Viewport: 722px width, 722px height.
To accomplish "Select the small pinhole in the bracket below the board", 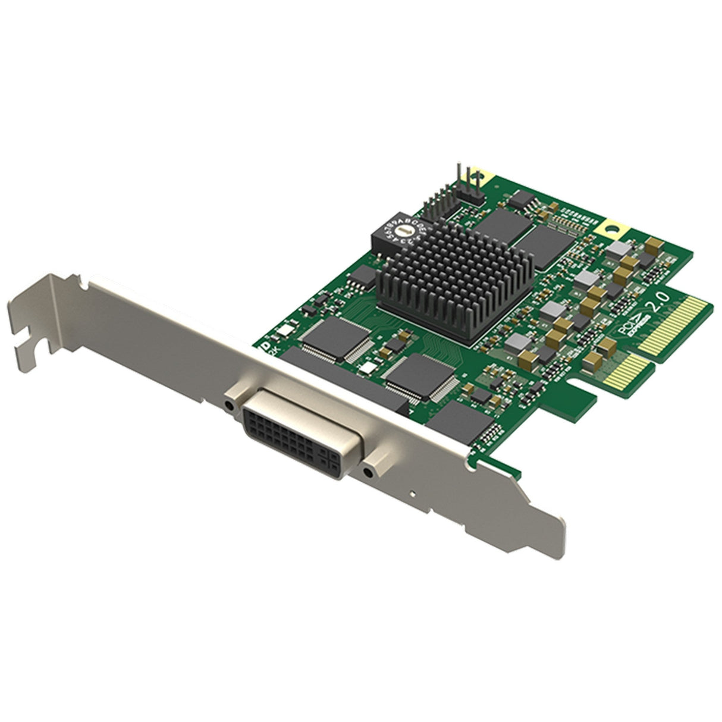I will [412, 493].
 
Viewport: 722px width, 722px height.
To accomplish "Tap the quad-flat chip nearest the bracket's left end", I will [329, 337].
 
